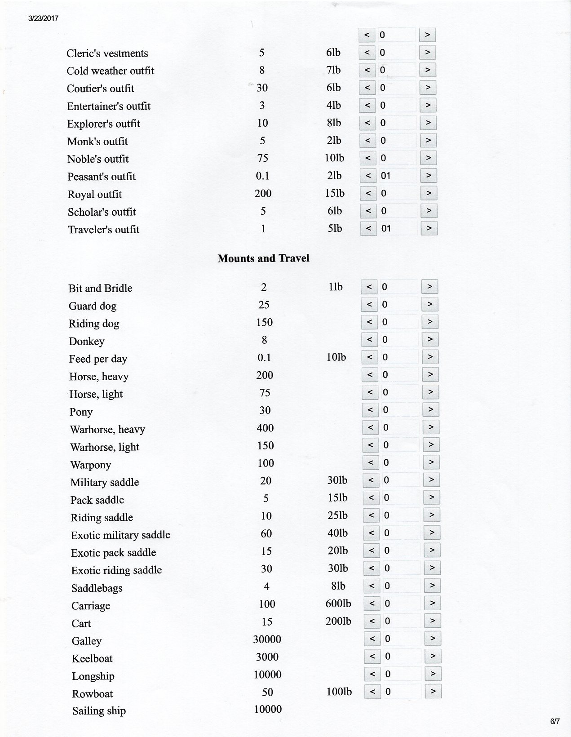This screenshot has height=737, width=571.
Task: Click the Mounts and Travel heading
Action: (263, 258)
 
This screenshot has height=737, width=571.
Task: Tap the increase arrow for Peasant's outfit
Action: (429, 176)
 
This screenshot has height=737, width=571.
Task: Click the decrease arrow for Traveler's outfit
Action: (368, 229)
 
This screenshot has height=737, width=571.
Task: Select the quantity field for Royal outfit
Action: (398, 194)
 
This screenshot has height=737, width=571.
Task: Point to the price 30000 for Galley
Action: (267, 639)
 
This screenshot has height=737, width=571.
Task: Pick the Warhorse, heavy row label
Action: (107, 430)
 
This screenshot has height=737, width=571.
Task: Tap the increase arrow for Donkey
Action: (430, 340)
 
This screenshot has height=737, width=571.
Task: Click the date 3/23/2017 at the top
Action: (43, 18)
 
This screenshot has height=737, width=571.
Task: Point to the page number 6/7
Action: (555, 722)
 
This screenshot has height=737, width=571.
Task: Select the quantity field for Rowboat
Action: (401, 692)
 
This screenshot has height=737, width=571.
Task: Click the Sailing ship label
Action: (99, 711)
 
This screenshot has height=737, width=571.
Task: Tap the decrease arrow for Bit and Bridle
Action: (369, 287)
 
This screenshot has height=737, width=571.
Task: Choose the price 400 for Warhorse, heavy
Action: (265, 428)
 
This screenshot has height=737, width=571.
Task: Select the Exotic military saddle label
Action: (120, 535)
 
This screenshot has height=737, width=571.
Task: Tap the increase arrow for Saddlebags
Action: (432, 586)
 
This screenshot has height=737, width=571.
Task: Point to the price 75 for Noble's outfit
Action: (262, 158)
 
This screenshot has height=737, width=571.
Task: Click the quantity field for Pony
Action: (399, 410)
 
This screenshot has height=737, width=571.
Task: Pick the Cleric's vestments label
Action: (107, 53)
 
